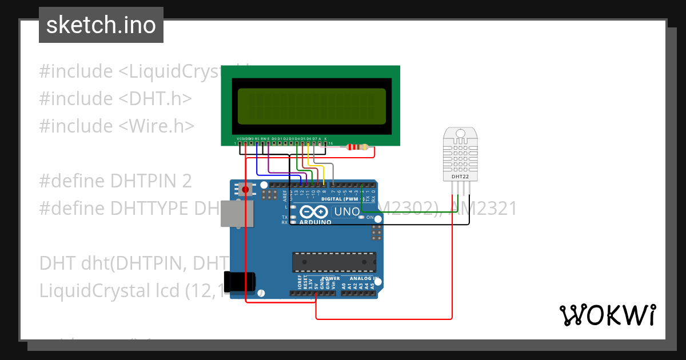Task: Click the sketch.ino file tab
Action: click(x=101, y=25)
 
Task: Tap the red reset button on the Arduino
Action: click(x=246, y=189)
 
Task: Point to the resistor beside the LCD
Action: click(x=357, y=147)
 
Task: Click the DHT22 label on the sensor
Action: click(x=460, y=177)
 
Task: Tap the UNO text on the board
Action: click(x=346, y=212)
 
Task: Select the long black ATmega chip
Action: click(x=334, y=262)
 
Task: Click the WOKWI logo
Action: click(x=607, y=315)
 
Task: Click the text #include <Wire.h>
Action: click(x=117, y=126)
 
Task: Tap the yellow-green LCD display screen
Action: click(x=312, y=107)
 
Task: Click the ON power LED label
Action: click(x=370, y=218)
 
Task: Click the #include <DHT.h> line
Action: click(x=115, y=98)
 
